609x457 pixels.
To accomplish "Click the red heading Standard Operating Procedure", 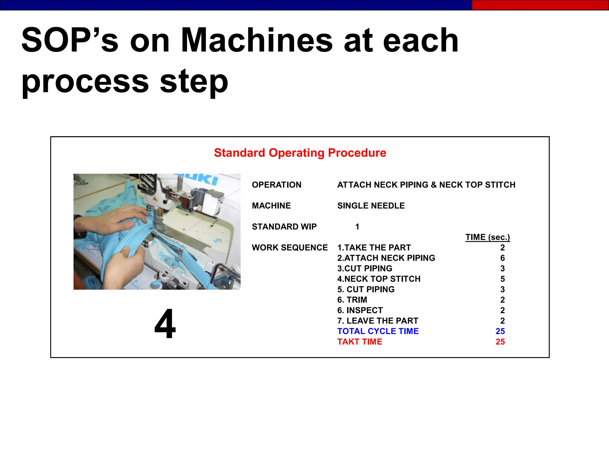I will point(300,153).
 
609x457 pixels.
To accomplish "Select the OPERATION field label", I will point(277,185).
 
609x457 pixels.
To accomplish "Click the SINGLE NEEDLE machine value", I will point(371,206).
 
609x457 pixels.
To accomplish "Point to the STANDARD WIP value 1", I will point(357,227).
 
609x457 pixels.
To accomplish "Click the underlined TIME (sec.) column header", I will point(487,237).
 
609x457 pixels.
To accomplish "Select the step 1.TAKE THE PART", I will point(374,248).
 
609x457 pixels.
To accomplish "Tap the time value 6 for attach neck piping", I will point(502,258).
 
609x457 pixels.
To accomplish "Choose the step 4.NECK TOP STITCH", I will point(379,279).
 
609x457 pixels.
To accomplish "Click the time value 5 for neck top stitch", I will point(502,279).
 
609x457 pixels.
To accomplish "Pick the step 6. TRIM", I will point(352,300).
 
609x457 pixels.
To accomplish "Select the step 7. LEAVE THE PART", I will point(378,321).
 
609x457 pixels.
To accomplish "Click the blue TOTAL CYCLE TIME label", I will point(378,331).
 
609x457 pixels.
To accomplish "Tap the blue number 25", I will point(500,331).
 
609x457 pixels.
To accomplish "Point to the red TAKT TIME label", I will point(360,342).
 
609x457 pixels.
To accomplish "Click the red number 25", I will point(500,342).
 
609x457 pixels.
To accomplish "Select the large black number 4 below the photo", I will point(165,324).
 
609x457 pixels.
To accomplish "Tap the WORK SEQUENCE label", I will point(290,248).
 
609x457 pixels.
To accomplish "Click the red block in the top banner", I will point(540,5).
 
